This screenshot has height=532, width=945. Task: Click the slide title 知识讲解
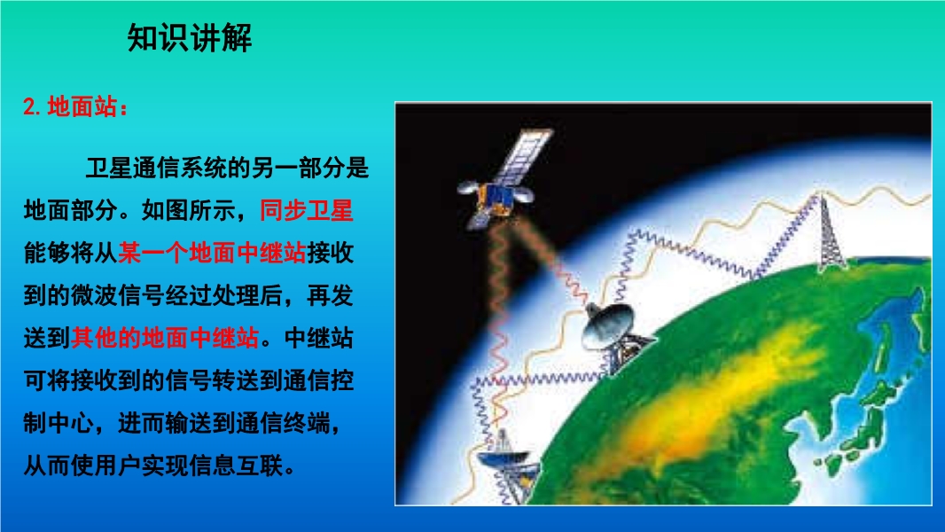pos(189,38)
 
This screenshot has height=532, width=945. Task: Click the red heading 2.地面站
pos(75,107)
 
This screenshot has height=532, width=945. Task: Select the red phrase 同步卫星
pos(306,210)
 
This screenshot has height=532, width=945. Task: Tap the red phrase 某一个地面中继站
pos(212,253)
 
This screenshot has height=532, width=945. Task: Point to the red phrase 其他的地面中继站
pos(165,338)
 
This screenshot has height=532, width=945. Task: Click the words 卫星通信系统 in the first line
pos(156,168)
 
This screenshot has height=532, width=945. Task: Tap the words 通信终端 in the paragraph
pos(283,423)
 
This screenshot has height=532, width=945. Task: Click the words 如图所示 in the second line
pos(189,210)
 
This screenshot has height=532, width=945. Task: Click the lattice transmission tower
pos(831,232)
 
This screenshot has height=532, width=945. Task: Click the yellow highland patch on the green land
pos(693,397)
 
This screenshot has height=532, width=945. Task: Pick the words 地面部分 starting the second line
pos(71,210)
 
